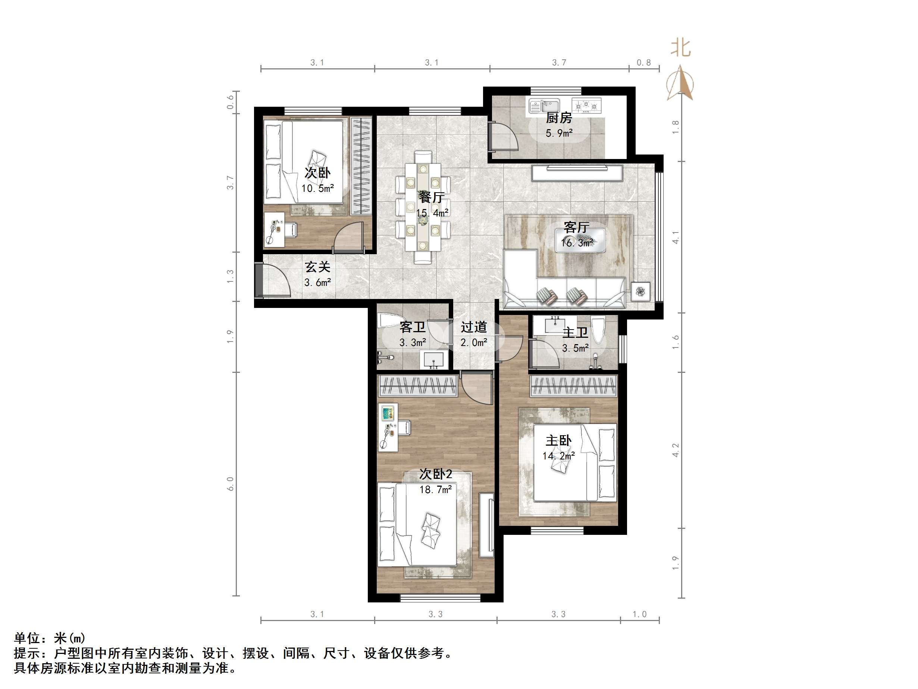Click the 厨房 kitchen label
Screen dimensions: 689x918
pyautogui.click(x=559, y=118)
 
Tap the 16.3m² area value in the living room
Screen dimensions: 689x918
pyautogui.click(x=576, y=243)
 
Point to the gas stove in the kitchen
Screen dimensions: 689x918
pyautogui.click(x=586, y=106)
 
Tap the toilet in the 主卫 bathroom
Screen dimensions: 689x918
pyautogui.click(x=598, y=330)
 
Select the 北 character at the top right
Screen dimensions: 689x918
pyautogui.click(x=681, y=48)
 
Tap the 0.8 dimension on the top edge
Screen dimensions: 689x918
pyautogui.click(x=644, y=63)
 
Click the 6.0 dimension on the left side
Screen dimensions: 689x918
pyautogui.click(x=230, y=484)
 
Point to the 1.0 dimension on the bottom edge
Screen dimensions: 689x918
pyautogui.click(x=639, y=614)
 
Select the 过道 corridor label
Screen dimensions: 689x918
pyautogui.click(x=473, y=327)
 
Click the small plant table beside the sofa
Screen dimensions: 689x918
pyautogui.click(x=641, y=291)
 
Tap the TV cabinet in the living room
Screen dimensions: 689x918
pyautogui.click(x=578, y=173)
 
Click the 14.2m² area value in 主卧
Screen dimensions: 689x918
pyautogui.click(x=559, y=456)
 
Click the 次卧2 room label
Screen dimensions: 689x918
pyautogui.click(x=435, y=474)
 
